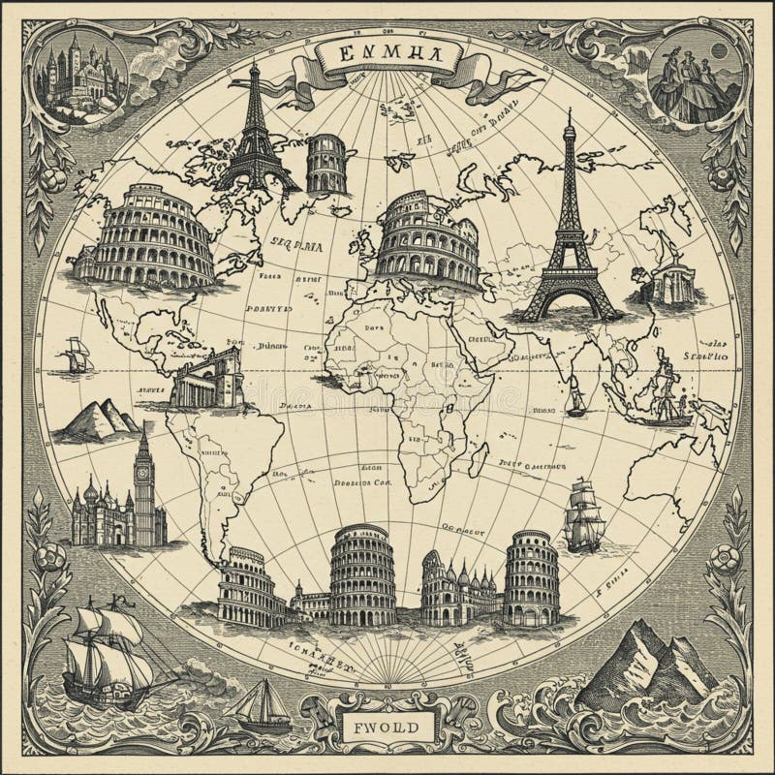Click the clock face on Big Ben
144,474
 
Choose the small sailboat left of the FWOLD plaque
263,704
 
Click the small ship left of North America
76,356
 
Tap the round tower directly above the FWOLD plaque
360,576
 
